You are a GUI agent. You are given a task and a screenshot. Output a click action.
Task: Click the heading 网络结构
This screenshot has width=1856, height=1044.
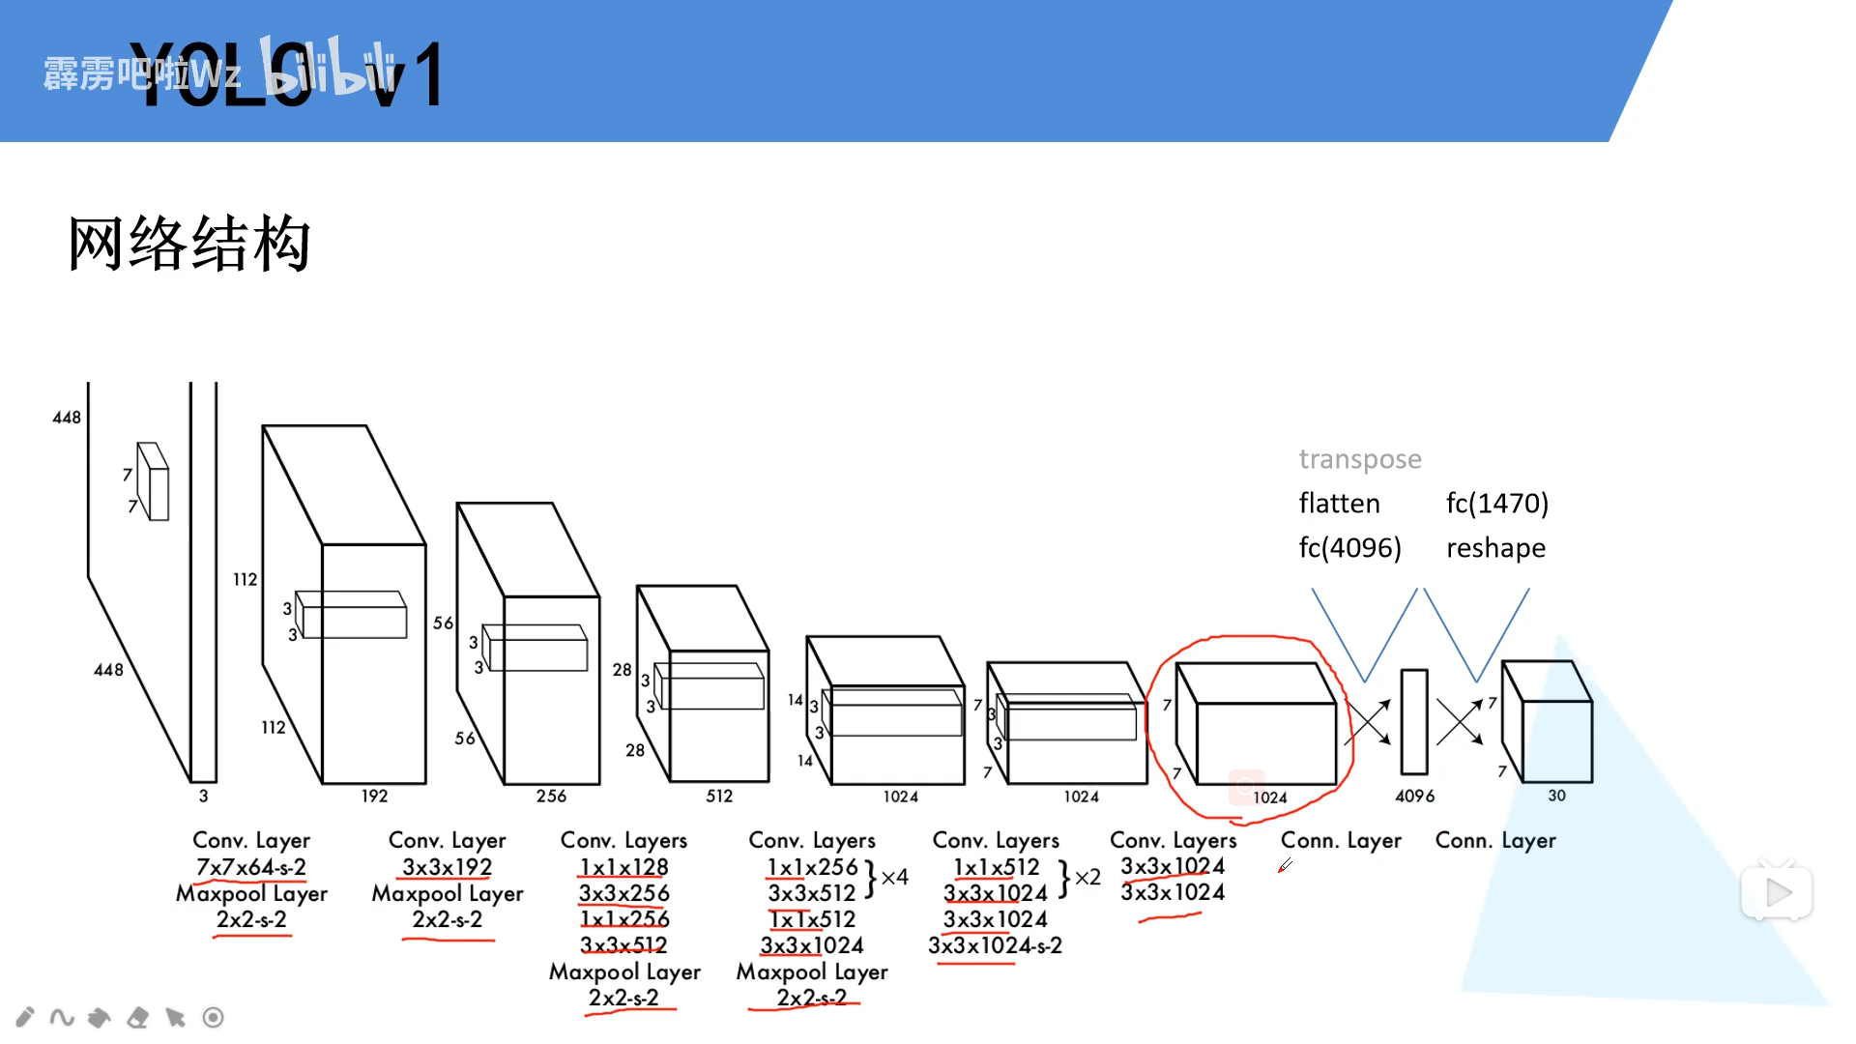pyautogui.click(x=189, y=244)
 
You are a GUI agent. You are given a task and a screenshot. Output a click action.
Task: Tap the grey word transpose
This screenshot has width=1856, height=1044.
pyautogui.click(x=1359, y=459)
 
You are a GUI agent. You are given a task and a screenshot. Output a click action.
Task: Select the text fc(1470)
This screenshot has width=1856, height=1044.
pyautogui.click(x=1496, y=504)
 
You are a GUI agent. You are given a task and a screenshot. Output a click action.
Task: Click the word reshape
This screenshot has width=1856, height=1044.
pyautogui.click(x=1495, y=548)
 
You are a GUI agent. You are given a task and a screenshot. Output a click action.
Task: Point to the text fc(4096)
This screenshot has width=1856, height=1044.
pyautogui.click(x=1349, y=548)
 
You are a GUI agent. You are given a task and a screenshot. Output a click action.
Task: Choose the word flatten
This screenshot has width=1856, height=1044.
pyautogui.click(x=1339, y=504)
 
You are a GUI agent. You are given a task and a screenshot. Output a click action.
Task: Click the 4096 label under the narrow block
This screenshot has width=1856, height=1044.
pyautogui.click(x=1414, y=796)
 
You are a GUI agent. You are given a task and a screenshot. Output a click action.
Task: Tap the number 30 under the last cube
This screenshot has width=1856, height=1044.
pyautogui.click(x=1556, y=796)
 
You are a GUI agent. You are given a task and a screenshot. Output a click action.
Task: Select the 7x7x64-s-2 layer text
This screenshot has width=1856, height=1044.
pyautogui.click(x=251, y=867)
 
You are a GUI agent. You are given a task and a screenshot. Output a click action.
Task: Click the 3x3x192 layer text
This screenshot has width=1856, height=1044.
pyautogui.click(x=447, y=867)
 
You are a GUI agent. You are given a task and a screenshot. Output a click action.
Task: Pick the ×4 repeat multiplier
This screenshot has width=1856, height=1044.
pyautogui.click(x=895, y=877)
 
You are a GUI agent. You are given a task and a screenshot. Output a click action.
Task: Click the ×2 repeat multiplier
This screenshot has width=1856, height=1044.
pyautogui.click(x=1087, y=877)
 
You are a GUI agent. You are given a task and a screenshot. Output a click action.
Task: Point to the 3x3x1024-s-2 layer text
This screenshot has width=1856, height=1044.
pyautogui.click(x=995, y=945)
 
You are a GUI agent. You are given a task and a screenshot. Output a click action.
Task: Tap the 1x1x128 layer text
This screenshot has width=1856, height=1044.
pyautogui.click(x=623, y=867)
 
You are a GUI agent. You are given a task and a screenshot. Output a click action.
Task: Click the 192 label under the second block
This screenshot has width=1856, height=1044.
pyautogui.click(x=374, y=796)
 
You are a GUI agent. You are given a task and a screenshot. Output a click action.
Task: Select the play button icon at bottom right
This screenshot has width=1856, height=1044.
pyautogui.click(x=1777, y=892)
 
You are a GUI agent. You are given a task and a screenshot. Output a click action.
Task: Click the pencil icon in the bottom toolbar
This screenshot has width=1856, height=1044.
pyautogui.click(x=25, y=1017)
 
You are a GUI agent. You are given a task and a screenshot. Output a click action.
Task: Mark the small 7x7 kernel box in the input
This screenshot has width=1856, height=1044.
pyautogui.click(x=153, y=481)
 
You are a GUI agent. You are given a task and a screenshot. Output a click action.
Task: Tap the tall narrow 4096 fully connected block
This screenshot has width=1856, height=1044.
pyautogui.click(x=1414, y=721)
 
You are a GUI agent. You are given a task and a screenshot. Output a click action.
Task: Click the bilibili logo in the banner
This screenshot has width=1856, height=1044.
pyautogui.click(x=329, y=70)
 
